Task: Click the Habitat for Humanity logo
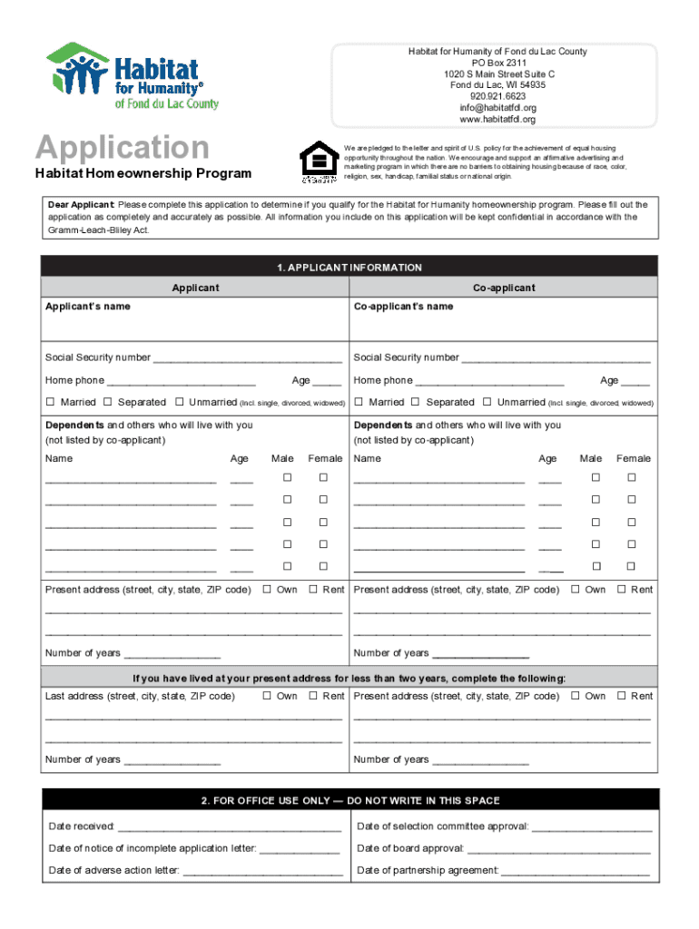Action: point(133,76)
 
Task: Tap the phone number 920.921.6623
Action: point(497,96)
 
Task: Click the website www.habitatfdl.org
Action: point(497,120)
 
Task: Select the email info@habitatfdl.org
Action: point(497,108)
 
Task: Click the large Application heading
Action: point(122,147)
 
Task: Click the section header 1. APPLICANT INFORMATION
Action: point(349,268)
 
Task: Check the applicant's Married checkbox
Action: point(51,402)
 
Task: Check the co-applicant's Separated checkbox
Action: point(416,402)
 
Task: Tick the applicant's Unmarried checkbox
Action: point(180,402)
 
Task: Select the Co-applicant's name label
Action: point(403,307)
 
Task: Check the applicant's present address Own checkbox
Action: point(268,590)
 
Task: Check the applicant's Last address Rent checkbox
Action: point(313,696)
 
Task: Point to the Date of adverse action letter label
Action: point(113,871)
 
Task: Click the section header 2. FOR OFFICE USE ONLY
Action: point(349,801)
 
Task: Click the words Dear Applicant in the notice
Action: point(81,205)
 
